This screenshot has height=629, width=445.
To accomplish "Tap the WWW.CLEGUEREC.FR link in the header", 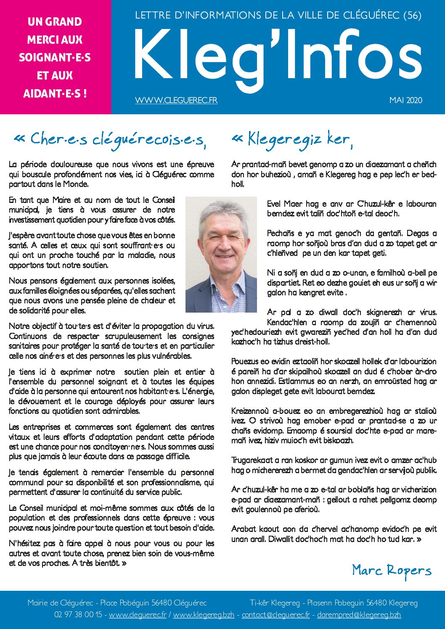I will tap(176, 100).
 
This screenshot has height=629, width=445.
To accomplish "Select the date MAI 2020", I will tap(405, 100).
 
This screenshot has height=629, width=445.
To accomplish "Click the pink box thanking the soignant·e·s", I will tap(55, 57).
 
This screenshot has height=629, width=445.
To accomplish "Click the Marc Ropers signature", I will tap(392, 571).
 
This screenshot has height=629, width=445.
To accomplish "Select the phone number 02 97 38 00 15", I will tap(78, 615).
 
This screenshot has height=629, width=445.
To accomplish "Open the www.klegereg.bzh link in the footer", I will tap(204, 615).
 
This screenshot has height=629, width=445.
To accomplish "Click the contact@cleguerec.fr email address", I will tap(275, 615).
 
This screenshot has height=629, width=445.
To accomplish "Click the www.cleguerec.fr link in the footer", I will tap(138, 615).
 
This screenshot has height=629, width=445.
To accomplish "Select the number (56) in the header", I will tap(412, 16).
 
